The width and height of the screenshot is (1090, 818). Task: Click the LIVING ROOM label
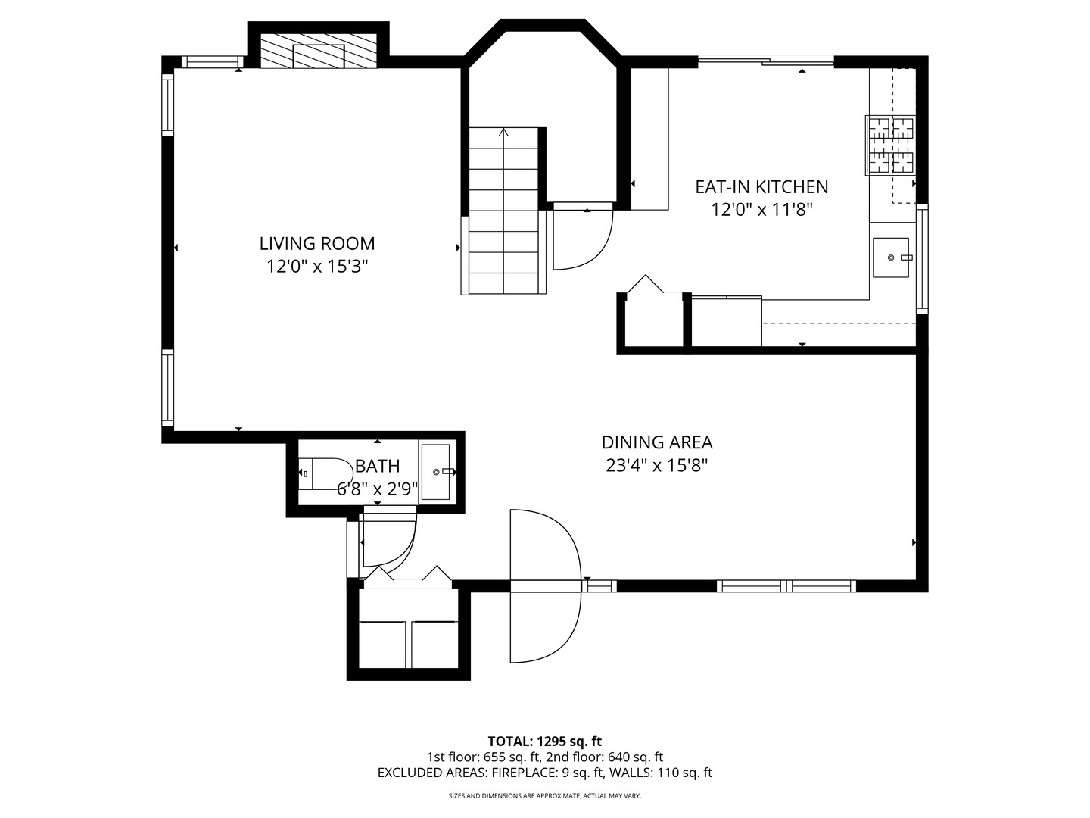(x=317, y=243)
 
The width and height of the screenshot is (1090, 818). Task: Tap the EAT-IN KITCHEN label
(x=761, y=186)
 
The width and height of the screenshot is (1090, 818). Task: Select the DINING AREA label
(x=657, y=442)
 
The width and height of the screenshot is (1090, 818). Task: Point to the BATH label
(x=377, y=466)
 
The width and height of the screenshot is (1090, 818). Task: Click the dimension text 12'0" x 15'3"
(x=317, y=267)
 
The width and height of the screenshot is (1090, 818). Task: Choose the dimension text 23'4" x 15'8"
(x=657, y=465)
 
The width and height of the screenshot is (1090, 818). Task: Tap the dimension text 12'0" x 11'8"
(x=761, y=210)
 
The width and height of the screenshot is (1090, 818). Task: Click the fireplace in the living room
(x=319, y=51)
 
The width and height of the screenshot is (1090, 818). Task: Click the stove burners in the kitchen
(x=891, y=145)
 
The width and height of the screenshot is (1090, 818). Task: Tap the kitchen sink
(x=890, y=258)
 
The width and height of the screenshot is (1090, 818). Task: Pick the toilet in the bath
(x=324, y=474)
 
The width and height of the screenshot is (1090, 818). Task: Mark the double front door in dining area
(x=545, y=585)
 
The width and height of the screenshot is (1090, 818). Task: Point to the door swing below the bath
(x=388, y=541)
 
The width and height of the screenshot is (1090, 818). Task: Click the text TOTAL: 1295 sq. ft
(x=544, y=741)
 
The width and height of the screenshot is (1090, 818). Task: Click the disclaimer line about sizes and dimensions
(x=544, y=796)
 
